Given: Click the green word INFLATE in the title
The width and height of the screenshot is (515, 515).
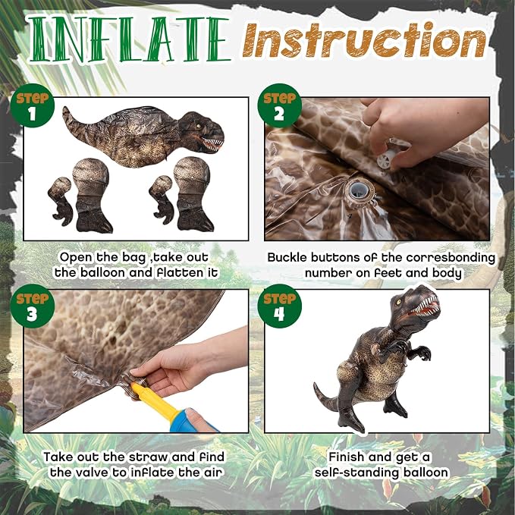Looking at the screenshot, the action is [x=129, y=39].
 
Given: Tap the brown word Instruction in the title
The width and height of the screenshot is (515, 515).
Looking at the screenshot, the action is [x=364, y=39].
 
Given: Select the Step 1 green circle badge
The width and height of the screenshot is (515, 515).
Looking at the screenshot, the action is [x=32, y=105].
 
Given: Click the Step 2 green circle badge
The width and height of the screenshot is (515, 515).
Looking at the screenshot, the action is [x=279, y=105].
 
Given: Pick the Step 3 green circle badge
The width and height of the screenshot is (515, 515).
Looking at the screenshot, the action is [x=32, y=306].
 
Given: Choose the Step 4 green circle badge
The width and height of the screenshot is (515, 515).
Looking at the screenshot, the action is [x=279, y=306].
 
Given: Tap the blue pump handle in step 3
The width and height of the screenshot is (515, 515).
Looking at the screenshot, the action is [x=193, y=422].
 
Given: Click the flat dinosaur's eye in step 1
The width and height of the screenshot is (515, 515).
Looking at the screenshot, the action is [x=198, y=126].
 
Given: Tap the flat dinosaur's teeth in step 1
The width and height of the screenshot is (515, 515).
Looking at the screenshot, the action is [x=212, y=144].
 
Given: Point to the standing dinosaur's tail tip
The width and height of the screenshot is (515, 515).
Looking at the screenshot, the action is [x=315, y=385].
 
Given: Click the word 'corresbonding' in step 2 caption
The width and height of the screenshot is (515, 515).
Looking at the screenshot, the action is [x=451, y=258].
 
